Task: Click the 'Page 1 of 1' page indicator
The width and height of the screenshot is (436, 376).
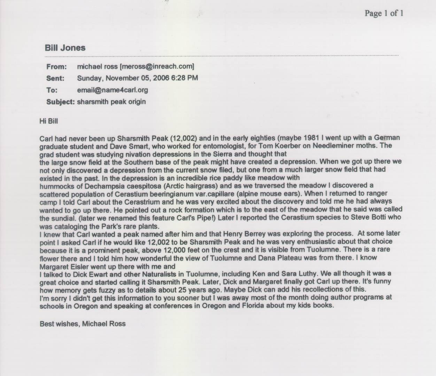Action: pos(384,13)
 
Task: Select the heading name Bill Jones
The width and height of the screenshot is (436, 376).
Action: pos(65,48)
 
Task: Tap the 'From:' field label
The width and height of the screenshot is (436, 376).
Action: pos(56,66)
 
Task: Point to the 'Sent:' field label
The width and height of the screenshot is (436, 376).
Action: pos(55,78)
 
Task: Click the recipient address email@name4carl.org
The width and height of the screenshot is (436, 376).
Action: pos(112,90)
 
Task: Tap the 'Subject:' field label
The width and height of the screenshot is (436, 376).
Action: pos(61,102)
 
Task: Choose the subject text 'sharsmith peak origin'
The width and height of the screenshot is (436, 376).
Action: pos(111,102)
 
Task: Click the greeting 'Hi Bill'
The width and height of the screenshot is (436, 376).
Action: pos(49,122)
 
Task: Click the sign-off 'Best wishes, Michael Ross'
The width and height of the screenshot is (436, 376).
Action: pos(83,324)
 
